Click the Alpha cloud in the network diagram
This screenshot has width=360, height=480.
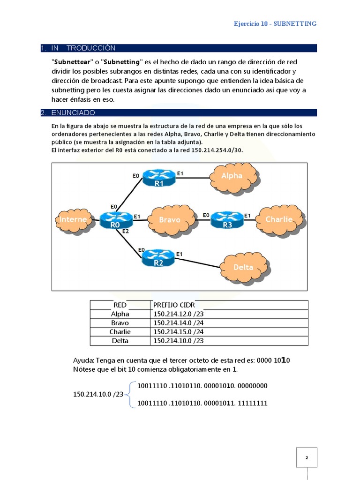point(232,175)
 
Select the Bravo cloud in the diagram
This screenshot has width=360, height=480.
point(170,219)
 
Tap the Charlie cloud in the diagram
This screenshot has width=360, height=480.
point(279,219)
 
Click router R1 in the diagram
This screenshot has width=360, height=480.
point(159,178)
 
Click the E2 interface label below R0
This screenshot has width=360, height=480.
point(125,231)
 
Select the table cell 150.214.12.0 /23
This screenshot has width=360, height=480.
point(179,314)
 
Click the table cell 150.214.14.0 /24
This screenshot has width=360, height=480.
point(179,323)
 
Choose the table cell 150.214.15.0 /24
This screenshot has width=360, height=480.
point(179,332)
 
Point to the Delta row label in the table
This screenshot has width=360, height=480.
point(120,341)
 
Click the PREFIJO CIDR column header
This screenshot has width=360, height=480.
point(174,305)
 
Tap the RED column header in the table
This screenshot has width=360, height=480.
point(120,305)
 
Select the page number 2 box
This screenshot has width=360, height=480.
point(307,457)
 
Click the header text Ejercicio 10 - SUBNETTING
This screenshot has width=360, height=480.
point(275,23)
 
